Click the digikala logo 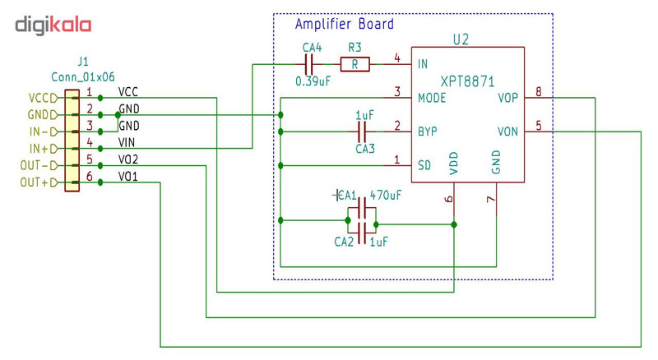click(53, 25)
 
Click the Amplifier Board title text click(344, 25)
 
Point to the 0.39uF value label click(313, 81)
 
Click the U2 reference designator click(461, 39)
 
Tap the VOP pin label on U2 click(508, 98)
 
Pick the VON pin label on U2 click(508, 132)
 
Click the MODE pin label click(433, 98)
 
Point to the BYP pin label click(428, 132)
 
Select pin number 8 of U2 click(539, 91)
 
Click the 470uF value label click(385, 196)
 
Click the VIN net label click(128, 142)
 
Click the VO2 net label click(128, 159)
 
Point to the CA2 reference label click(344, 242)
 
